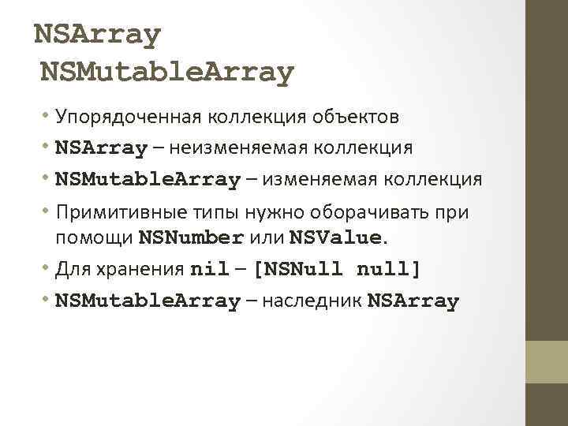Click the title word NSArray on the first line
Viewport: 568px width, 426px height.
tap(98, 35)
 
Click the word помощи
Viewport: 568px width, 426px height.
tap(95, 237)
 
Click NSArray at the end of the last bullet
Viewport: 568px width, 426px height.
tap(413, 301)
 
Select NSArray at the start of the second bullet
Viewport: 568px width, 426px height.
tap(101, 148)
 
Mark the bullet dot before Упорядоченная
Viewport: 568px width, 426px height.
tap(48, 117)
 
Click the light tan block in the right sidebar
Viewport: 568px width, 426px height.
tap(547, 362)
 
